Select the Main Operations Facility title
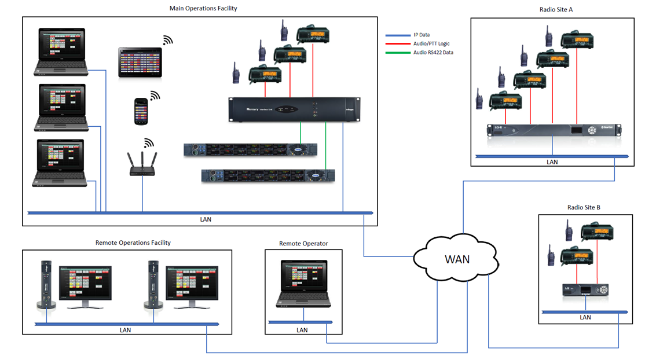(203, 9)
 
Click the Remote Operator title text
(303, 244)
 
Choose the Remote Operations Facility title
(133, 243)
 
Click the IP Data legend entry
(421, 35)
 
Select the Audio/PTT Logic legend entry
(431, 43)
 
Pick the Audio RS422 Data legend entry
(433, 53)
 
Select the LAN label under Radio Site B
(585, 317)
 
